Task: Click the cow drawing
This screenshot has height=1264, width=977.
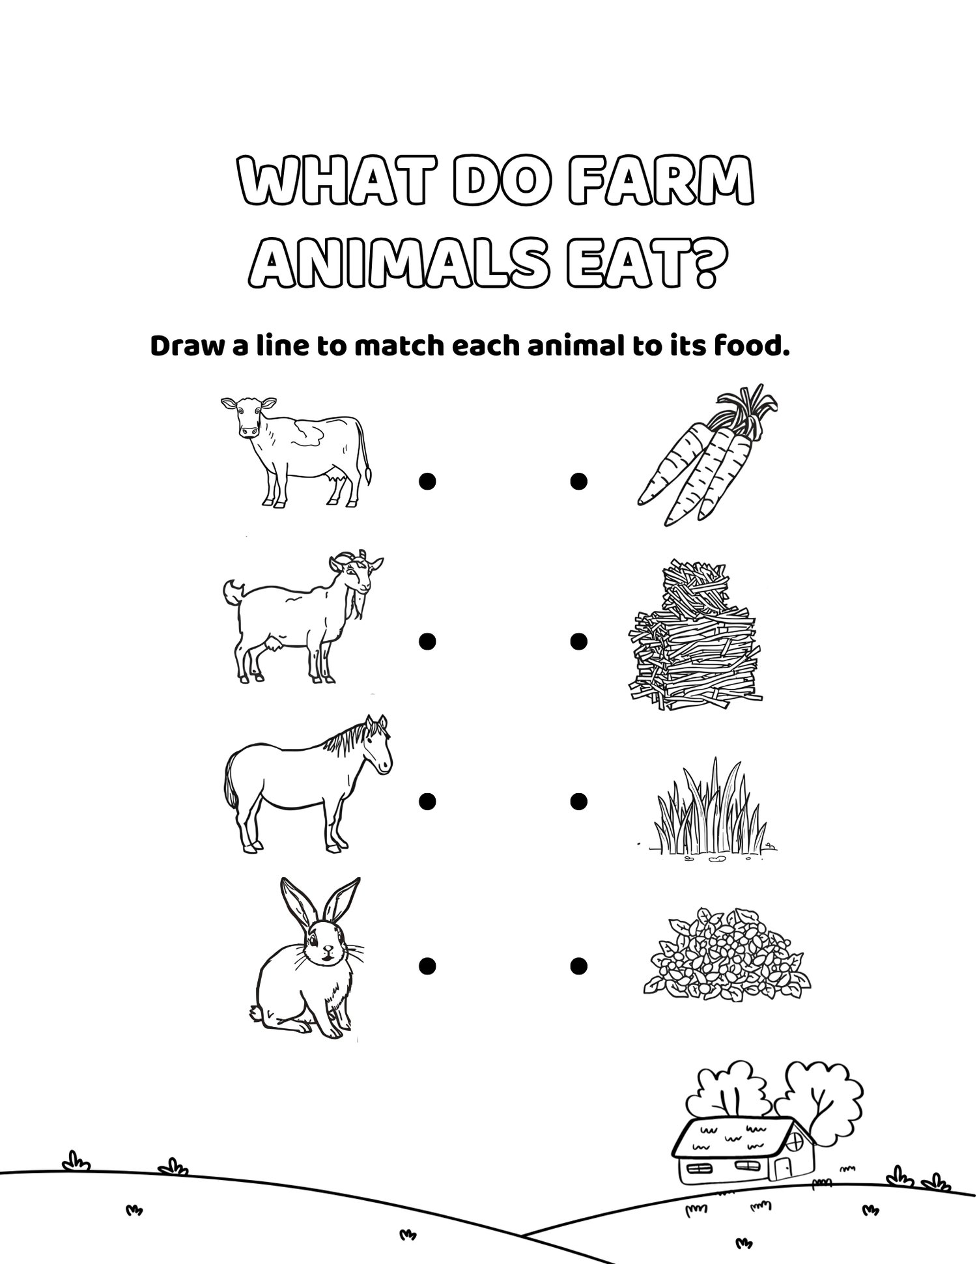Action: coord(296,452)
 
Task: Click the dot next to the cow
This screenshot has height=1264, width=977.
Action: coord(427,481)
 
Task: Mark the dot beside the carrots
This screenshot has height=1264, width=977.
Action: coord(578,481)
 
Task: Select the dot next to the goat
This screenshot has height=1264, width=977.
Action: coord(427,641)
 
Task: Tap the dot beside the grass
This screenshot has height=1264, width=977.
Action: coord(578,802)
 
